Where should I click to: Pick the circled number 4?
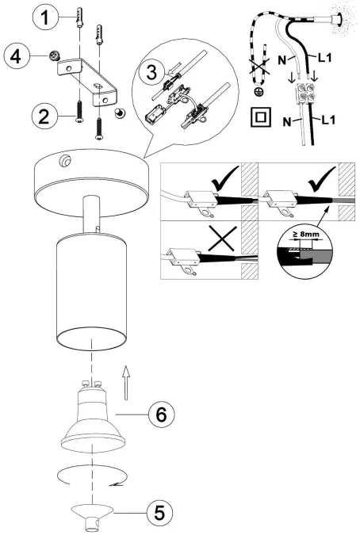[x=17, y=56]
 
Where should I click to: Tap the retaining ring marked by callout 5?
[x=90, y=513]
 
